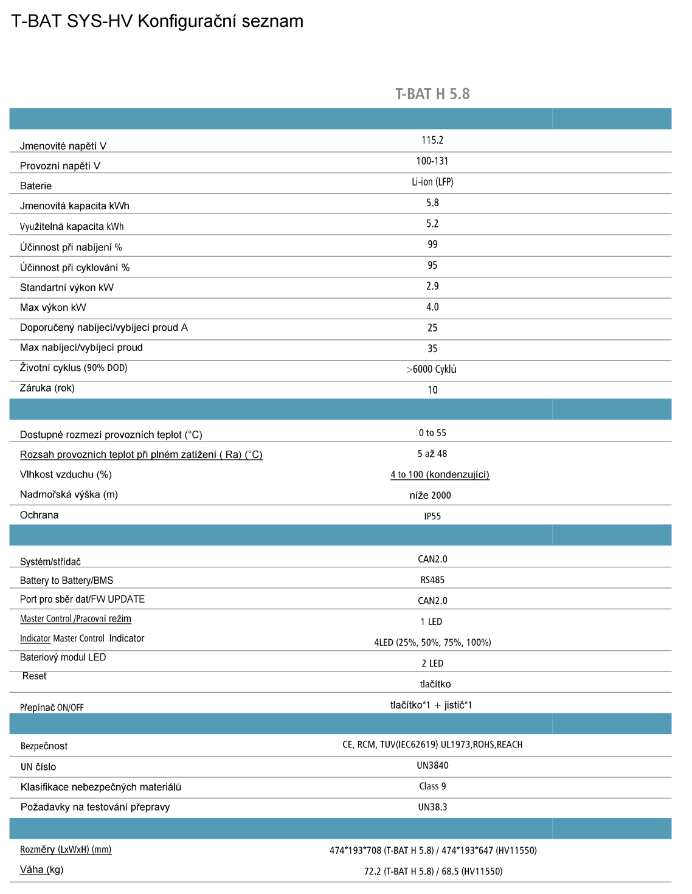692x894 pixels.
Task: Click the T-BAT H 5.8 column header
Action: point(432,94)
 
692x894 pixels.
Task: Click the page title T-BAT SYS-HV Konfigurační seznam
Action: point(157,21)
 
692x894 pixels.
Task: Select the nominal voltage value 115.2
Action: point(432,140)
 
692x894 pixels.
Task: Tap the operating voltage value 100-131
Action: point(432,161)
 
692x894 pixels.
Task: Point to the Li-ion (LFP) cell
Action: point(432,182)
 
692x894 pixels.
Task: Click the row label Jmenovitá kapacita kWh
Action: point(74,206)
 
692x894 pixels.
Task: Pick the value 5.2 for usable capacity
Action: point(432,224)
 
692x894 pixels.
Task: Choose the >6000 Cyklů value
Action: point(432,369)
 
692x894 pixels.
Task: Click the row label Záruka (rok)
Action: point(47,388)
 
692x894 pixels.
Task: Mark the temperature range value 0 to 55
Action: point(432,433)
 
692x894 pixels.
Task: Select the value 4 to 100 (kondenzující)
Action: point(440,474)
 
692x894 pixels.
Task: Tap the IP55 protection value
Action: point(432,516)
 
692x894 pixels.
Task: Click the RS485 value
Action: point(432,580)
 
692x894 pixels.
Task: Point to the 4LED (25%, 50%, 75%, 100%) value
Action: point(432,642)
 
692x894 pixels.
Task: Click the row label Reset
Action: point(35,676)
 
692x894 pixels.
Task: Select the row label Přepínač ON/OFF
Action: point(52,707)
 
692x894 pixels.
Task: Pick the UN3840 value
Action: point(432,766)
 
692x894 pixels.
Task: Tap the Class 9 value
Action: point(432,786)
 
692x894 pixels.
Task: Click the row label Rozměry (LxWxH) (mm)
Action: point(66,850)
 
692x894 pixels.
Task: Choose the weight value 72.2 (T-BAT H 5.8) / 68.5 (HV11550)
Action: point(433,871)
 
